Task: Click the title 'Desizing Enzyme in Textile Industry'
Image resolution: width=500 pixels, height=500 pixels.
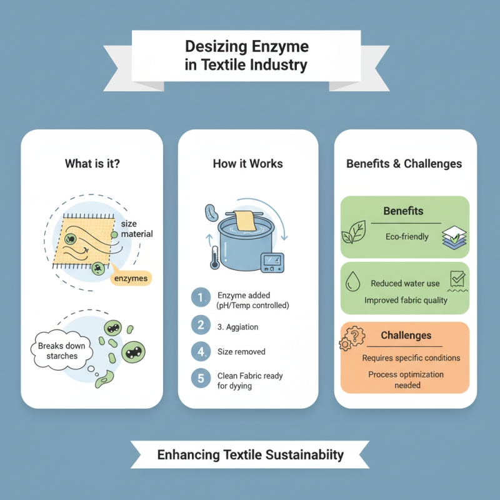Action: point(247,56)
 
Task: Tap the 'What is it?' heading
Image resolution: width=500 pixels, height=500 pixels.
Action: point(92,164)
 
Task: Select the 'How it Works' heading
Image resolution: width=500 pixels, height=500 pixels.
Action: point(248,164)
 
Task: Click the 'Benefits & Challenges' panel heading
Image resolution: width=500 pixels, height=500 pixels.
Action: point(404,164)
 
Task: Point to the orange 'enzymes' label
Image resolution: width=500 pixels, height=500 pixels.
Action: point(132,278)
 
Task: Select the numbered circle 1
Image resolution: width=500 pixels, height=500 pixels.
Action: point(200,298)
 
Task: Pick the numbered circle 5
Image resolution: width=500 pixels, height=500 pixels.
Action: point(200,378)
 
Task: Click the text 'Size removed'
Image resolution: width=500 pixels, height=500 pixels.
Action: point(241,352)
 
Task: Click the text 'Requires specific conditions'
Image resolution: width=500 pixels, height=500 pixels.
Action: point(411,358)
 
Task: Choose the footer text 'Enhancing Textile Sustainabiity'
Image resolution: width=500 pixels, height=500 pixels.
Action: point(250,454)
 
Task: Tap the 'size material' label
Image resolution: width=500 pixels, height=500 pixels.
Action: point(136,229)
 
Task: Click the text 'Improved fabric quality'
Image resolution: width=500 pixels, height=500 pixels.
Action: point(406,300)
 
